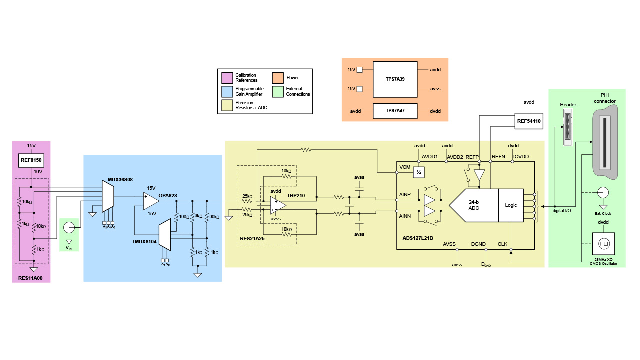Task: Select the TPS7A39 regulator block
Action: point(395,79)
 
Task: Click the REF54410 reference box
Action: point(529,121)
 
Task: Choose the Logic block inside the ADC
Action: point(511,205)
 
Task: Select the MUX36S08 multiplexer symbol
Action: point(107,196)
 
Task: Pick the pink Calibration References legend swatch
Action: point(227,78)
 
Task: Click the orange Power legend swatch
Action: point(277,78)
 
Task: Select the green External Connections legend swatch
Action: point(277,91)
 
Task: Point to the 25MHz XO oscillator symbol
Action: point(603,244)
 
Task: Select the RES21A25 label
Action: point(253,239)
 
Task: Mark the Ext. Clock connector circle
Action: point(603,193)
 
